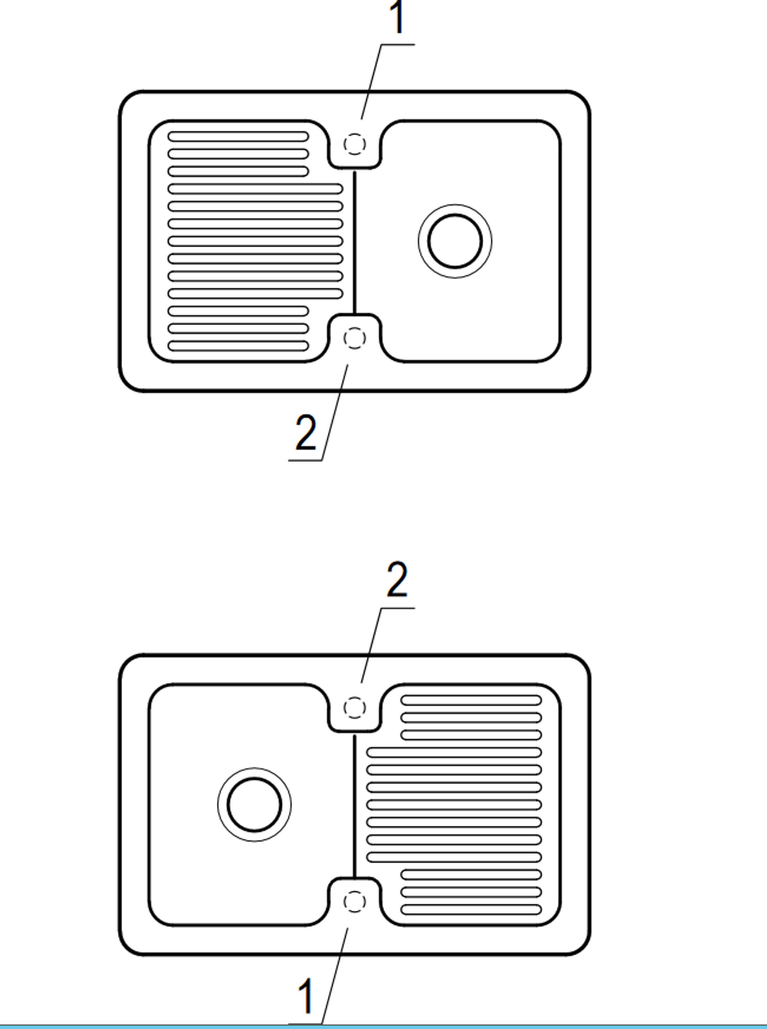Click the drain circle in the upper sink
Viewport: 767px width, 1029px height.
(x=455, y=214)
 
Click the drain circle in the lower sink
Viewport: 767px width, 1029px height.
(x=255, y=778)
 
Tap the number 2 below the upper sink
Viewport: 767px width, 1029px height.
(x=306, y=432)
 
